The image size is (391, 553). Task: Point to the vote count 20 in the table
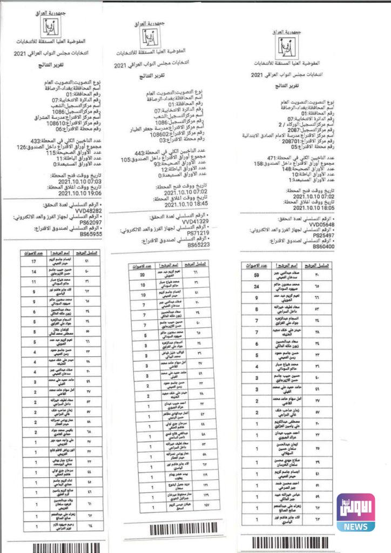(143, 274)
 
